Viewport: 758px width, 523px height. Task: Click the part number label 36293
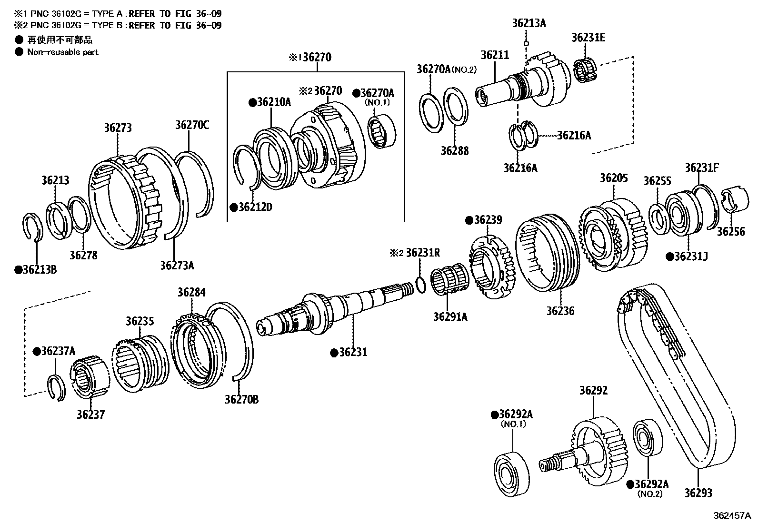point(698,493)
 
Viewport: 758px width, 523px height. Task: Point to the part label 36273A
point(177,265)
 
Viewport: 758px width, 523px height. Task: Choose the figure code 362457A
point(733,516)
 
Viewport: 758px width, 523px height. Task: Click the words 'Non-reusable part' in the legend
point(62,52)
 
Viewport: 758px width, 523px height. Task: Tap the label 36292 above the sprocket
point(593,391)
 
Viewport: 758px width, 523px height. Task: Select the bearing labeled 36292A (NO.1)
point(512,472)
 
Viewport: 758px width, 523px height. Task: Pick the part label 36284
point(191,292)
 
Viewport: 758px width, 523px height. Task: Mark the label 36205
point(614,178)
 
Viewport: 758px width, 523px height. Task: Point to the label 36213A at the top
point(529,23)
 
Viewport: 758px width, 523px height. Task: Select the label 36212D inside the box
point(255,207)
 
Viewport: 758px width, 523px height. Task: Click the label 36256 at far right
point(731,232)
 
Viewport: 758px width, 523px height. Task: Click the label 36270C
point(192,125)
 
